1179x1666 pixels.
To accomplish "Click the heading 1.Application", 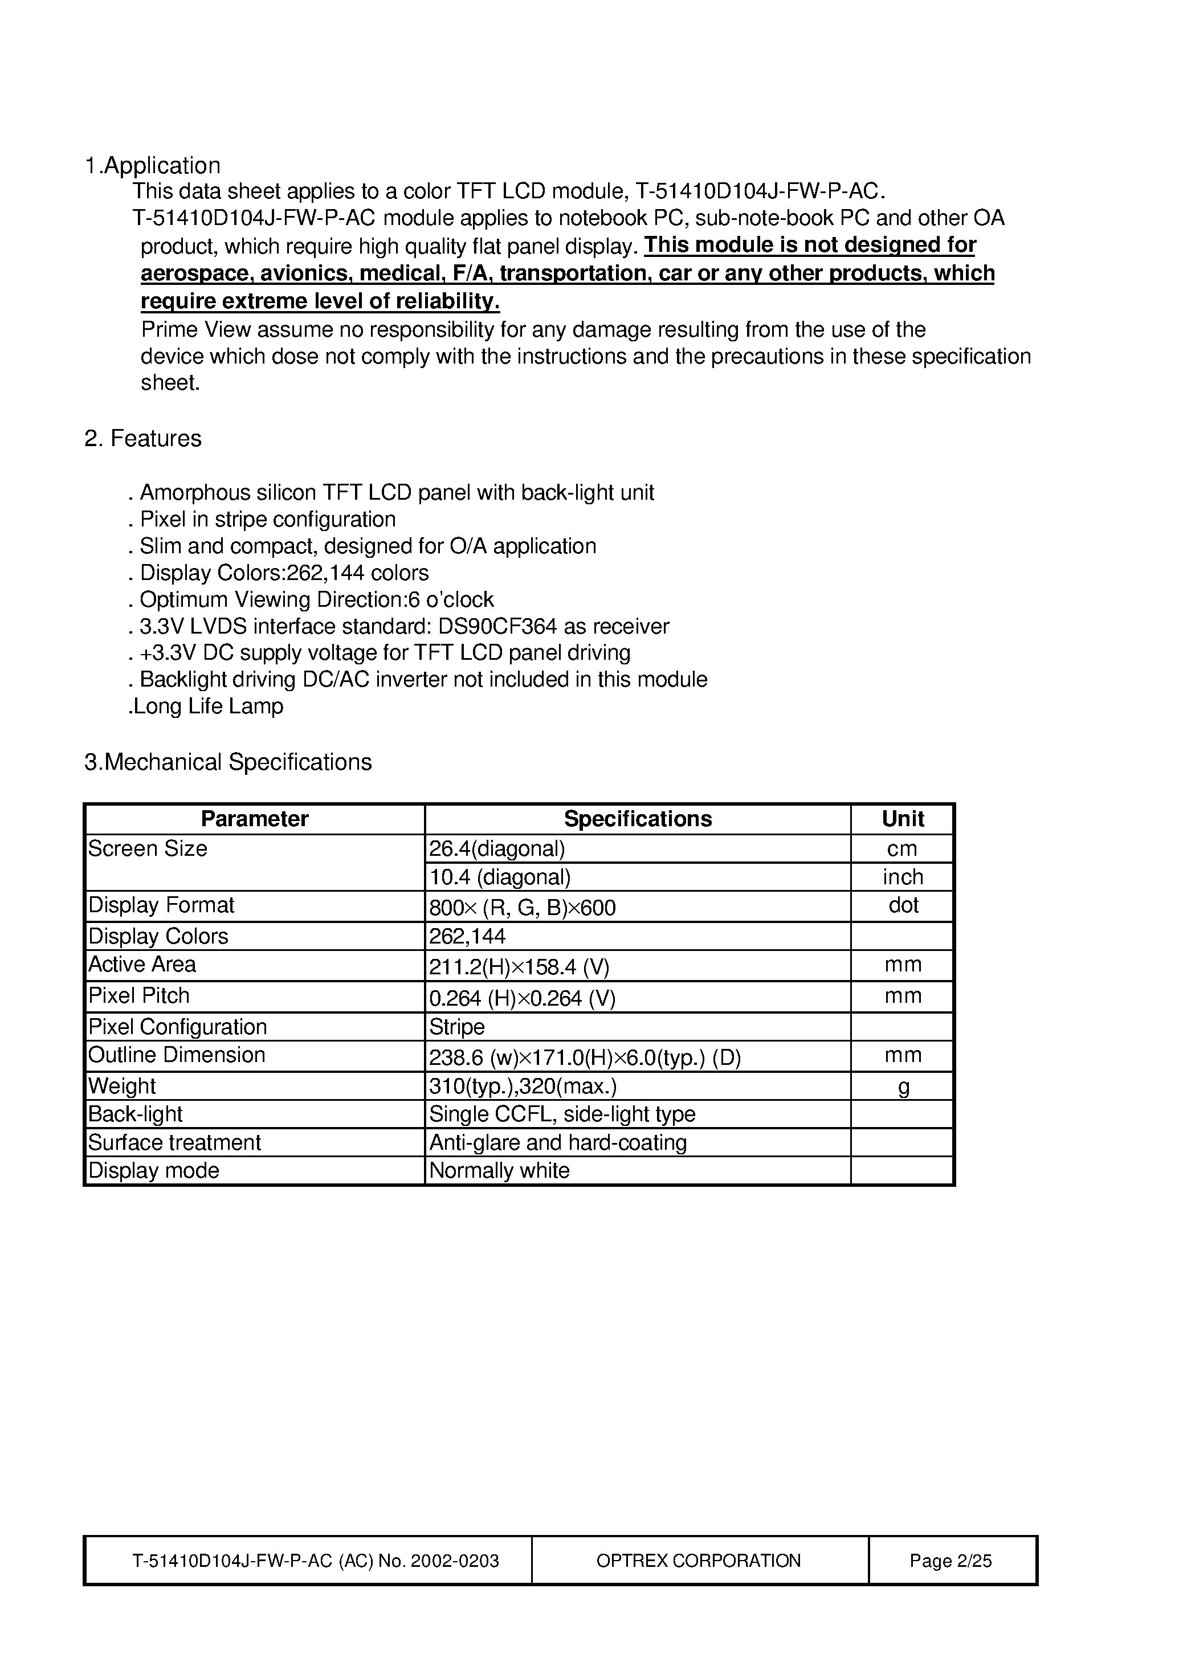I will [153, 165].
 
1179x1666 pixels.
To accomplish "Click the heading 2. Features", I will [142, 439].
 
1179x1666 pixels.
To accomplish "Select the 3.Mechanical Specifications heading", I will [228, 762].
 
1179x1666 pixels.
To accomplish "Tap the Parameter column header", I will [254, 819].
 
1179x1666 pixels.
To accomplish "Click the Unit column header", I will [903, 819].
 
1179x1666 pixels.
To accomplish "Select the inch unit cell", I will [903, 877].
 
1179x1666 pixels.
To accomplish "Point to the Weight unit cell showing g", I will [903, 1087].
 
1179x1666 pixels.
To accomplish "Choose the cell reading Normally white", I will [500, 1171].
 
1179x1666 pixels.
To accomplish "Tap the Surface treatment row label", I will [174, 1142].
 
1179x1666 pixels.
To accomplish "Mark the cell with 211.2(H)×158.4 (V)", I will [519, 967].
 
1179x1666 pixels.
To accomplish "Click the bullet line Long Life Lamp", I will [207, 707].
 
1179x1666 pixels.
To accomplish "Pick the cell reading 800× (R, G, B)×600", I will [522, 908].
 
